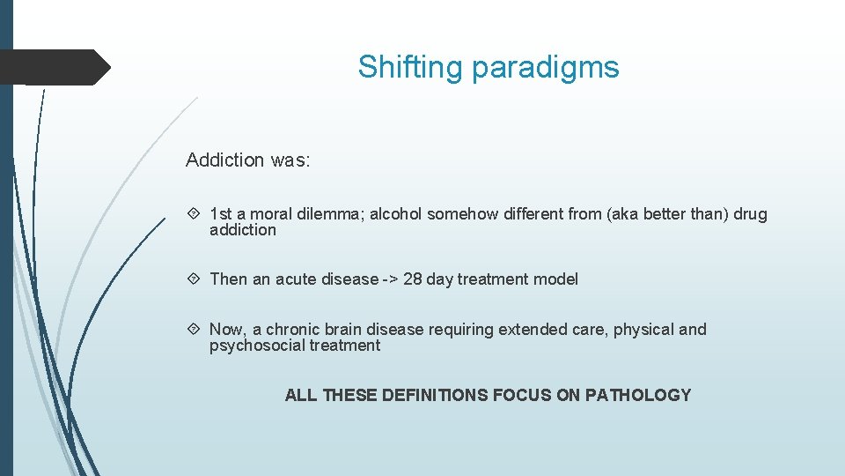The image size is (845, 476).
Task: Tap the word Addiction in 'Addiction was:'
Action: click(224, 160)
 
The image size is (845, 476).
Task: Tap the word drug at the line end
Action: click(750, 214)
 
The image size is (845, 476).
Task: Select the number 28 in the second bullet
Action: click(413, 279)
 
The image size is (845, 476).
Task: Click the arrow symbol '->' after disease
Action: click(390, 279)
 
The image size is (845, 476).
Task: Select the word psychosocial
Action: click(257, 346)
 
